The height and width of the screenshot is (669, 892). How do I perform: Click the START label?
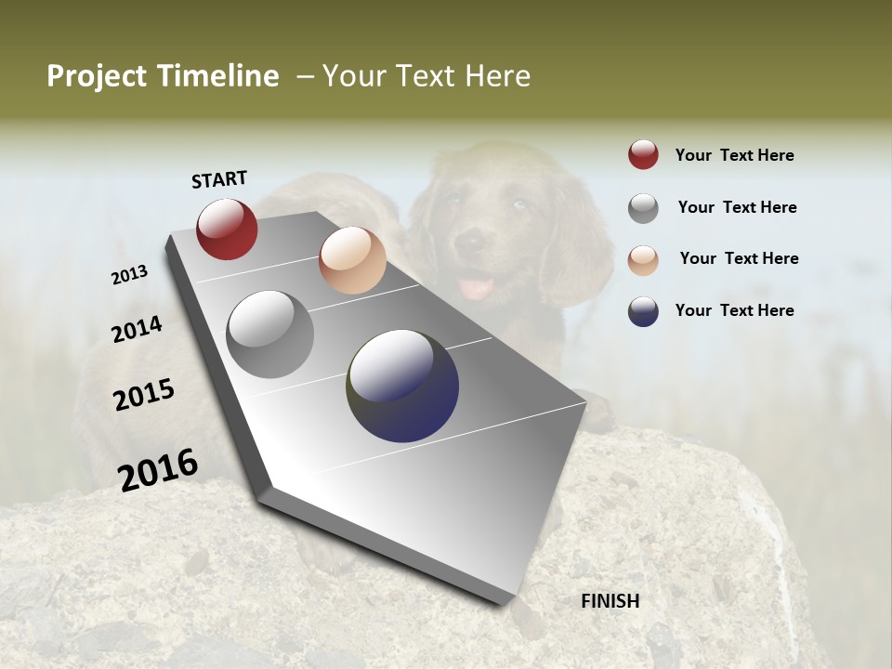click(x=219, y=179)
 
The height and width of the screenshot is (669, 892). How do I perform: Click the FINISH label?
click(x=610, y=601)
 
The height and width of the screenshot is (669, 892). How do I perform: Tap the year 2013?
click(x=130, y=275)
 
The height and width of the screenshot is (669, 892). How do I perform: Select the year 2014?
click(x=137, y=329)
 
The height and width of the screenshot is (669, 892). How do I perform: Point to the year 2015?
click(x=144, y=395)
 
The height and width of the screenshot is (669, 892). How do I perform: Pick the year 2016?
click(x=158, y=469)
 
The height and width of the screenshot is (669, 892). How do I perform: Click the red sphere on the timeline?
click(x=227, y=229)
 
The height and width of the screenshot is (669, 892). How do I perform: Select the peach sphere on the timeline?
click(x=352, y=260)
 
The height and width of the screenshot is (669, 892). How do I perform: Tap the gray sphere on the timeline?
click(x=270, y=334)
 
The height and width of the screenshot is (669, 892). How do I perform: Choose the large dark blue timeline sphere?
click(x=402, y=386)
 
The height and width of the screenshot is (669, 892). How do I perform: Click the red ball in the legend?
click(x=643, y=155)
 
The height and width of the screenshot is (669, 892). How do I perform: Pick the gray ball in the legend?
click(x=643, y=208)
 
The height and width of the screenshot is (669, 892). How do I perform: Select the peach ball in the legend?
click(x=643, y=259)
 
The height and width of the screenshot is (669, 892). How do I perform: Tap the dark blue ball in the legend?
click(x=643, y=311)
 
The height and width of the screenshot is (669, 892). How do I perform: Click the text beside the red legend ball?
click(x=734, y=155)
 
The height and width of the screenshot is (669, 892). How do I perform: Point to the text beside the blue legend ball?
click(x=734, y=310)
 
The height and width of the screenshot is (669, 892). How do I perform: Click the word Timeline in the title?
click(x=218, y=76)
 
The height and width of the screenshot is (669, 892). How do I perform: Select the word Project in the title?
click(x=98, y=76)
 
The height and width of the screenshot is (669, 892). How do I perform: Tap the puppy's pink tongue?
click(x=478, y=287)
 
